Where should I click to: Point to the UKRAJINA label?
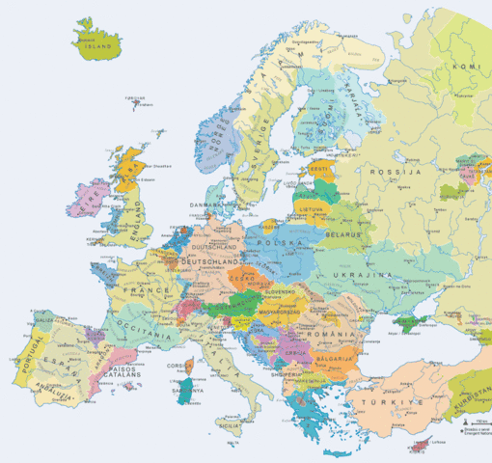(363, 275)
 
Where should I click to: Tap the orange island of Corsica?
(189, 367)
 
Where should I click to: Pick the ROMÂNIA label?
(334, 332)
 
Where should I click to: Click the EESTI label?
(318, 170)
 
